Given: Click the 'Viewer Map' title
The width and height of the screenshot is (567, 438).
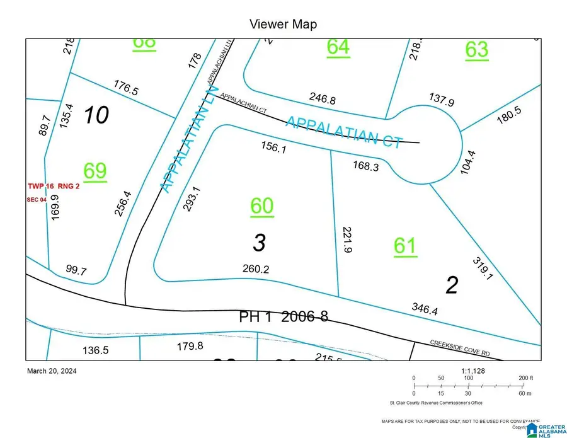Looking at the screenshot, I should coord(283,25).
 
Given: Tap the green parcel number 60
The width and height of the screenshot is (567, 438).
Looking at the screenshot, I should coord(262,206).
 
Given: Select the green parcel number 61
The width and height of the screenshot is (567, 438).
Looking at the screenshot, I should coord(404,246).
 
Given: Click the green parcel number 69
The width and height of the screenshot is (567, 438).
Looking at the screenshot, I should coord(94,171).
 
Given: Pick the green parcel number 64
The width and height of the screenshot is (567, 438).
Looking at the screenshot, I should coord(338,47).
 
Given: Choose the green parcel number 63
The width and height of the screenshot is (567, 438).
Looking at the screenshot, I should coord(476,49).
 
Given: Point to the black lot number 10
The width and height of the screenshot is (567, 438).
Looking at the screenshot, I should coord(96,115).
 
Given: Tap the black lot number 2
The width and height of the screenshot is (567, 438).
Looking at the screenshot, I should coord(451,285).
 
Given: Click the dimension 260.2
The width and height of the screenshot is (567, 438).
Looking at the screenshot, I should coord(256,269).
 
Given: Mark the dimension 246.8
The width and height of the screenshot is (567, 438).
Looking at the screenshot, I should coord(323,98).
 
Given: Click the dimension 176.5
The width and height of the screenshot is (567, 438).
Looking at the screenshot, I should coord(126,87).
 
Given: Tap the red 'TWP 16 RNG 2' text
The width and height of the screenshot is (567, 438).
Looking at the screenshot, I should coord(54,187).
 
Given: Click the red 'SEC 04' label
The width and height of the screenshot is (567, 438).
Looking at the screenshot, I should coord(37,199).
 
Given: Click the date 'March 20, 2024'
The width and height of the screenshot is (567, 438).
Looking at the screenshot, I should coord(50,371).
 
